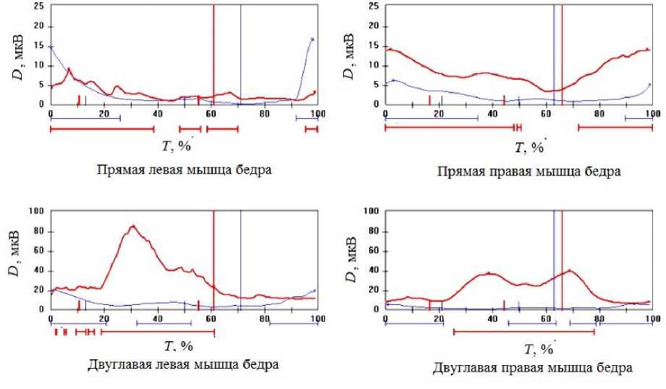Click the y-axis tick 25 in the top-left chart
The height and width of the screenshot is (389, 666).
40,6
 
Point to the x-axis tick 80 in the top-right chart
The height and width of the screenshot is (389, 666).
599,114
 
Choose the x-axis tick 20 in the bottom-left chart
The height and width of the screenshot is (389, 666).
104,319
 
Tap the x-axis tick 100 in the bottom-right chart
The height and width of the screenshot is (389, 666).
651,319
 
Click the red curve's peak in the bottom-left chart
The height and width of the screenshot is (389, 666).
133,226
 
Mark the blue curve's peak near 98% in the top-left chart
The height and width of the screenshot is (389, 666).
311,38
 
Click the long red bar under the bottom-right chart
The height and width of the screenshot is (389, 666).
523,332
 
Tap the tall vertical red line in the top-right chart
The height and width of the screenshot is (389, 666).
562,51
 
